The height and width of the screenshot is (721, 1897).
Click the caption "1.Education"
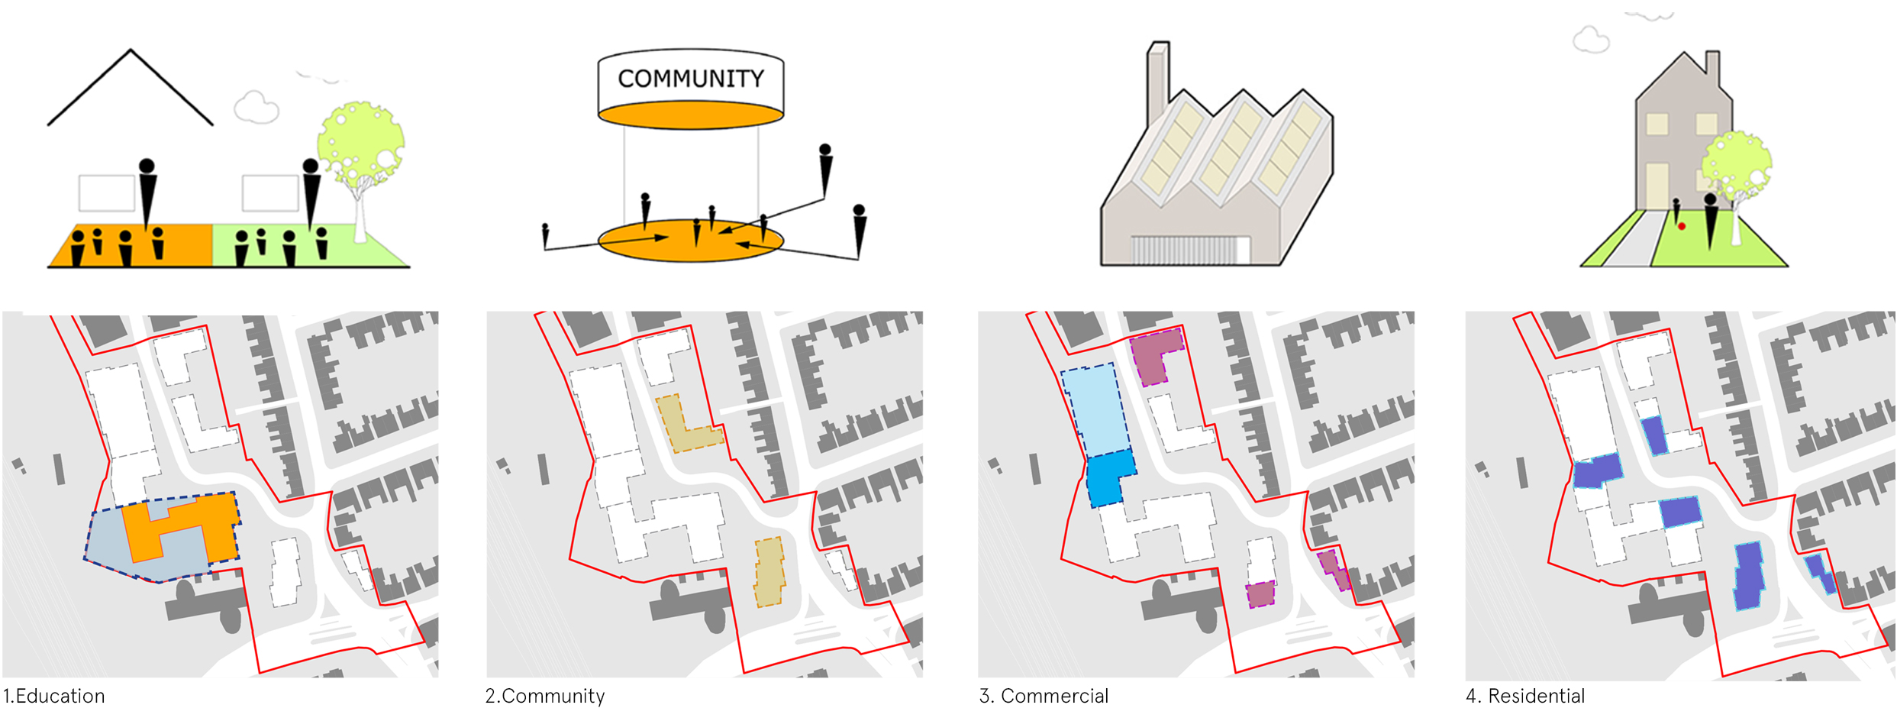click(53, 696)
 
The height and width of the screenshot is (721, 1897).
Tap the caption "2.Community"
click(545, 696)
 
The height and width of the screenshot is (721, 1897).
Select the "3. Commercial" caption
click(1044, 696)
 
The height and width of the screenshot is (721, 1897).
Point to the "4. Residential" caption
click(1525, 696)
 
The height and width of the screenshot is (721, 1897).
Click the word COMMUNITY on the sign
click(690, 79)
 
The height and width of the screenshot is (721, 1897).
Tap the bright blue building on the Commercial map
click(1108, 477)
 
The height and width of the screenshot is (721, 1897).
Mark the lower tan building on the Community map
click(769, 573)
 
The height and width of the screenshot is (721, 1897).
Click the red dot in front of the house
click(1682, 226)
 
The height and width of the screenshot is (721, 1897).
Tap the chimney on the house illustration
click(1713, 69)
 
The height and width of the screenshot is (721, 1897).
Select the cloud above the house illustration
click(1591, 40)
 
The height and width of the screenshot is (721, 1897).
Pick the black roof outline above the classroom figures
click(131, 84)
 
